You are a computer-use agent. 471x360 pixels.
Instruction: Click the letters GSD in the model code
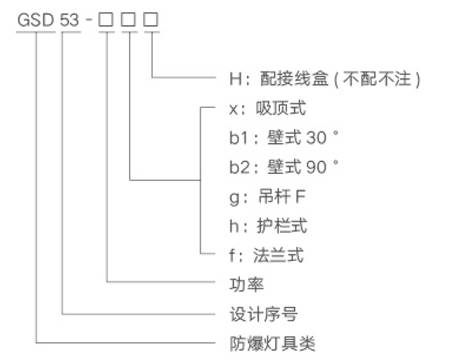click(35, 20)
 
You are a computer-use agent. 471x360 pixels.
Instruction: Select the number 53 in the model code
click(70, 20)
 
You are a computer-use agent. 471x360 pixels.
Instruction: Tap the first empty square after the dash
click(106, 20)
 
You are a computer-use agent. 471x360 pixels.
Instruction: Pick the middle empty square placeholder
click(129, 20)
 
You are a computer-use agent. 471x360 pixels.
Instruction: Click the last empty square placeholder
click(151, 20)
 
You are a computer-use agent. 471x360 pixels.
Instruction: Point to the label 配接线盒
click(293, 79)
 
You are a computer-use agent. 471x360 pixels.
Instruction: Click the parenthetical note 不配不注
click(377, 79)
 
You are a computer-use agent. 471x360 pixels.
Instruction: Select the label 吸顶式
click(281, 108)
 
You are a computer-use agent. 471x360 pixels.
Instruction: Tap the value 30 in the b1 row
click(316, 138)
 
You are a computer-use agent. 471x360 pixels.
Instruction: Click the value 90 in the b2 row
click(316, 167)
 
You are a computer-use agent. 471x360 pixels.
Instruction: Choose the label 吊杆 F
click(281, 197)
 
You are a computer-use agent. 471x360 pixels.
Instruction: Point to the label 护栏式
click(281, 226)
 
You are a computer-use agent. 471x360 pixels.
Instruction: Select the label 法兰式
click(278, 255)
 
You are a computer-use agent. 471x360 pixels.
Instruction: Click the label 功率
click(247, 285)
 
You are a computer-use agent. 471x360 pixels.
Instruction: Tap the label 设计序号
click(263, 314)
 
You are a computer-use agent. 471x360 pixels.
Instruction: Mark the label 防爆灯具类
click(272, 343)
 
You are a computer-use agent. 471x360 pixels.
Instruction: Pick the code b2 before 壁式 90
click(239, 167)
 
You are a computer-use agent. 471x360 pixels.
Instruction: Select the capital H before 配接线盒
click(236, 79)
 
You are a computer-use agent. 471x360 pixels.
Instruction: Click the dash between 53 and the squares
click(89, 20)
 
